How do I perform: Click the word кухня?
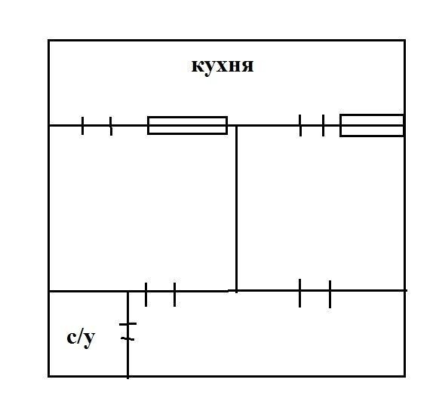click(223, 66)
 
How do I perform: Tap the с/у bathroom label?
click(81, 338)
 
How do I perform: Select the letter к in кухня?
click(198, 66)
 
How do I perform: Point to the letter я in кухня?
click(247, 66)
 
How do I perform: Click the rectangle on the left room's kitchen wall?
click(188, 125)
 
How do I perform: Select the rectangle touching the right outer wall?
click(372, 125)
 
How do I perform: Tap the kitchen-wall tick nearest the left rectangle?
click(111, 126)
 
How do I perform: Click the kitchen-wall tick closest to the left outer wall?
click(82, 126)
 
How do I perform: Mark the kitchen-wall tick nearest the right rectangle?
click(323, 125)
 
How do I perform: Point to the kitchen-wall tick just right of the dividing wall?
click(300, 125)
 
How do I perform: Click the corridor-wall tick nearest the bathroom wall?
click(146, 295)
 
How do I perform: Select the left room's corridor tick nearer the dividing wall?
click(174, 295)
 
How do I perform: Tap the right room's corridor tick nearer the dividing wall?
click(300, 293)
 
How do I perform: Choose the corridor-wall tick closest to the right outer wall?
click(330, 294)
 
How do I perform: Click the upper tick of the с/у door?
click(127, 324)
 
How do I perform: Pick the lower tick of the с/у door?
click(127, 339)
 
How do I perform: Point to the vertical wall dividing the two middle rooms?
click(236, 209)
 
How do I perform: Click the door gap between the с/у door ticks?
click(127, 332)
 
